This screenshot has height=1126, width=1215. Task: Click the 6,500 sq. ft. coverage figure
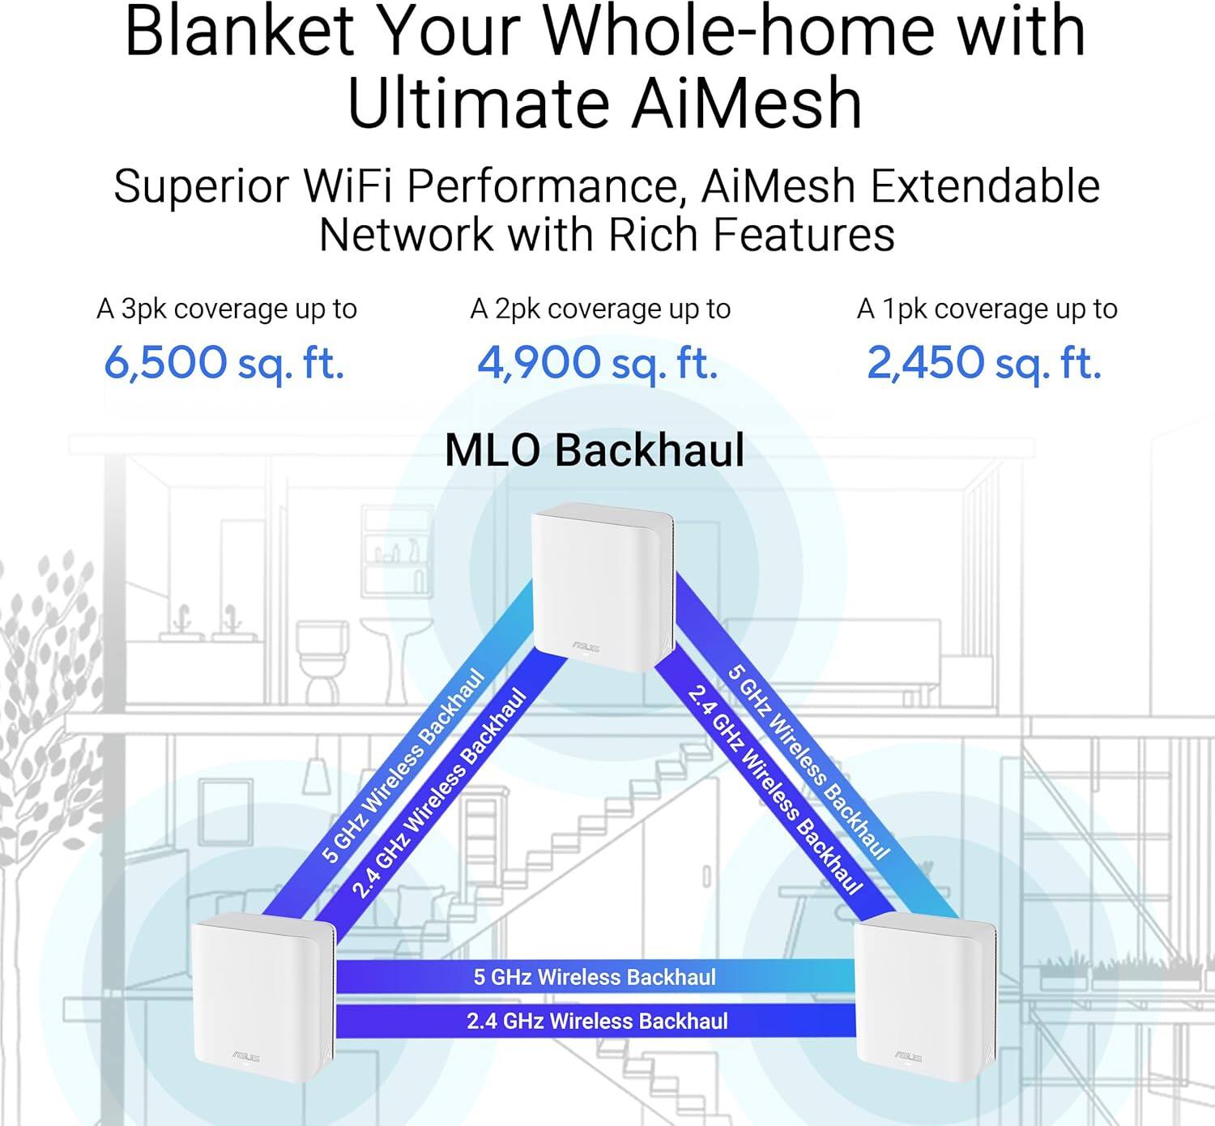tap(224, 363)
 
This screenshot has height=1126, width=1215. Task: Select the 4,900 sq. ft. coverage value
tap(598, 363)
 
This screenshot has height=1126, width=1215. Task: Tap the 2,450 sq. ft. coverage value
tap(984, 363)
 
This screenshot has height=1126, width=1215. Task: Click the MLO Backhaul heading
tap(595, 450)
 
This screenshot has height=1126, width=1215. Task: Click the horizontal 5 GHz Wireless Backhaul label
tap(595, 977)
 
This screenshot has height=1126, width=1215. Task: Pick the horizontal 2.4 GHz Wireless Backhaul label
tap(597, 1021)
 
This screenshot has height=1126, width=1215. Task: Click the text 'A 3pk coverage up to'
tap(227, 309)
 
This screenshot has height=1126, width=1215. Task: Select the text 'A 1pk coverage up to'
tap(987, 309)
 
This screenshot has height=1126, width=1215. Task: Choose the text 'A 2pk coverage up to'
tap(600, 309)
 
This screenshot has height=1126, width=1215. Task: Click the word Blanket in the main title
tap(240, 31)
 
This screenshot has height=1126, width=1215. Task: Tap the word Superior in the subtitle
tap(201, 186)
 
